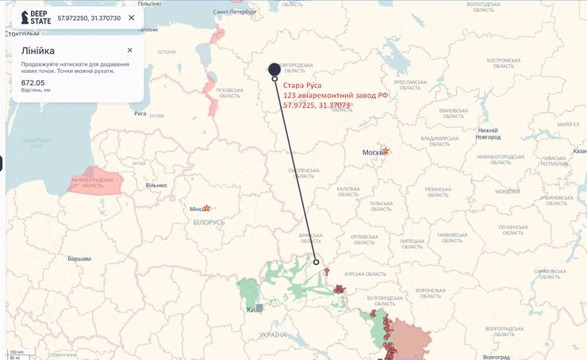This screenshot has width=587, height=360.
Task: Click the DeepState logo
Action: click(36, 17)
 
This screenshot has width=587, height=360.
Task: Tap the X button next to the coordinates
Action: click(131, 17)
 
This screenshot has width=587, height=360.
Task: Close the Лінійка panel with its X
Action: click(129, 50)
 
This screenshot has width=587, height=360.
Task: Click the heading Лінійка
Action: click(38, 52)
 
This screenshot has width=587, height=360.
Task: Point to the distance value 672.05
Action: click(33, 82)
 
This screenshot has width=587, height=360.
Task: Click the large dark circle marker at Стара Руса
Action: click(274, 69)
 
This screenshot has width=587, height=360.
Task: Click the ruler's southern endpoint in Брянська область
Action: click(316, 262)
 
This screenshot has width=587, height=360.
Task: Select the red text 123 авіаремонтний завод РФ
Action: click(336, 95)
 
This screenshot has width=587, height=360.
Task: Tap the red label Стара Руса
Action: click(302, 85)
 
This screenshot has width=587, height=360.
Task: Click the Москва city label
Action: click(373, 152)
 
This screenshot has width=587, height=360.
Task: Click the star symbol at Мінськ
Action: click(206, 209)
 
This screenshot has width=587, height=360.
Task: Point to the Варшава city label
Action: click(79, 259)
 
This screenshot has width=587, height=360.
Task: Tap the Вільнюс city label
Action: click(156, 185)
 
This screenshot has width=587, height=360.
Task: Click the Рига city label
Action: click(140, 113)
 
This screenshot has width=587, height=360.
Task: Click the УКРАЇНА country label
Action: click(272, 335)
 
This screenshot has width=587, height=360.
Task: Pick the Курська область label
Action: click(365, 274)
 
